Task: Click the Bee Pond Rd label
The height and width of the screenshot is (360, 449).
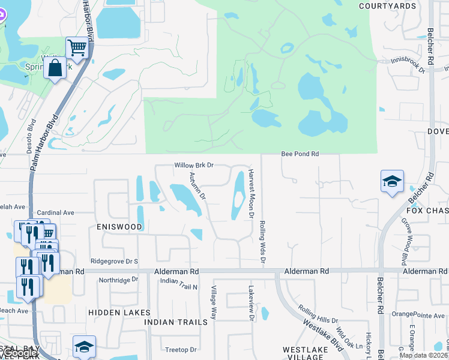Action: point(300,154)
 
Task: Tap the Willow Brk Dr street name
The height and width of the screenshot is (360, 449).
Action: point(194,165)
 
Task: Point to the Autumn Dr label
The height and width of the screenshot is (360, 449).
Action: point(197,186)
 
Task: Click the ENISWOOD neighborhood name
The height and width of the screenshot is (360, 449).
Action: point(119,227)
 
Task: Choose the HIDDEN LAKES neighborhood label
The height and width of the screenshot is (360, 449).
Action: point(113,313)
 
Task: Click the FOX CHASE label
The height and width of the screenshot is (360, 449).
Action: point(427,211)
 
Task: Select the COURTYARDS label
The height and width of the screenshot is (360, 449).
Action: point(387,6)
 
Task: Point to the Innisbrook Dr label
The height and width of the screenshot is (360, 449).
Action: point(408,65)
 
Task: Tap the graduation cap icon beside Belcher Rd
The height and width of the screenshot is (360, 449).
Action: point(392,181)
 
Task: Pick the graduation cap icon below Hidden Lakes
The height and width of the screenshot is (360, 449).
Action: point(84,346)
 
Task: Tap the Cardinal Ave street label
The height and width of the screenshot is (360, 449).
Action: point(55,212)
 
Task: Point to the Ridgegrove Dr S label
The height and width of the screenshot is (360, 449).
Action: point(114,262)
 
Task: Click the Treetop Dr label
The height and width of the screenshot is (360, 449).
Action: point(181,350)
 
